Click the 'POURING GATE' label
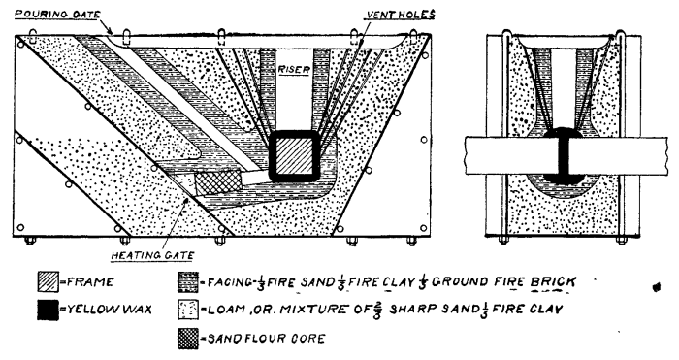pos(57,14)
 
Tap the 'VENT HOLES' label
pos(401,16)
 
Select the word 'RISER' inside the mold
pos(294,69)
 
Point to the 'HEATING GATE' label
pos(152,255)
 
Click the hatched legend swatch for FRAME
pos(48,282)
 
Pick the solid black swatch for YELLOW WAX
pos(48,310)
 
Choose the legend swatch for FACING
pos(188,282)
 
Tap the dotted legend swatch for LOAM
pos(188,310)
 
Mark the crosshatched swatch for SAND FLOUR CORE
pos(188,339)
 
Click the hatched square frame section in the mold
pos(295,156)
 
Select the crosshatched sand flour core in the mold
pos(218,182)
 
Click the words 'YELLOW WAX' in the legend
pos(109,310)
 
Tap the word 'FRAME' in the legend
pos(90,282)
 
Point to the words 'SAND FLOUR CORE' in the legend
pos(266,339)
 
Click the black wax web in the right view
pos(564,155)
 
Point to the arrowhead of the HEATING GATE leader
pos(186,200)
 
